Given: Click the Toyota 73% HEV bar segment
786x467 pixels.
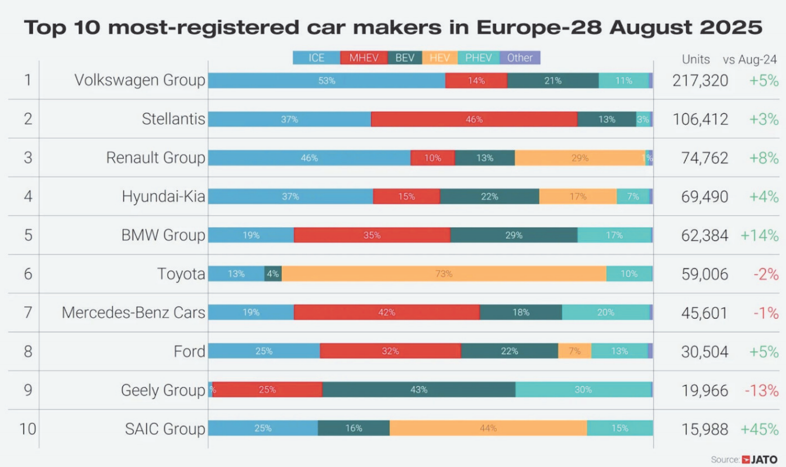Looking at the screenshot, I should pos(444,274).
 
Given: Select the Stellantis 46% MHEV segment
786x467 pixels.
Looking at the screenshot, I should pos(474,119).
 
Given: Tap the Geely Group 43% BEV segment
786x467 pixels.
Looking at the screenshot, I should pos(418,390).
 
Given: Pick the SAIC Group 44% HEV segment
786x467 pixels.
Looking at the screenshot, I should pos(488,428).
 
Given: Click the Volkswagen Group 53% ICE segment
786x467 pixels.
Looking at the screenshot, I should pos(327,81).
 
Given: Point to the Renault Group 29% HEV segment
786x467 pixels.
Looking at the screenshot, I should pos(580,158).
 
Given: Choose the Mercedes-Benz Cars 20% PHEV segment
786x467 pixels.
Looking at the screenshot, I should pos(605,313).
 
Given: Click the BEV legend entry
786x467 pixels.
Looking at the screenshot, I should pos(404,58).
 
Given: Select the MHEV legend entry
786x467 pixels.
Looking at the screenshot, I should pos(364,58).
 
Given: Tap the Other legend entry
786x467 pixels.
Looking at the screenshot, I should pos(520,58).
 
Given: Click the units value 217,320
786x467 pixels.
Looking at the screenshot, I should pos(700,81).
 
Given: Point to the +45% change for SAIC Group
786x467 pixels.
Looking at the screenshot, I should pos(759,428).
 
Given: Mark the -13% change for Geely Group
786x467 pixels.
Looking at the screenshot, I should pos(761,390).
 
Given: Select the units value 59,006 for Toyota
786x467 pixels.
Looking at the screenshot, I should pos(704,274).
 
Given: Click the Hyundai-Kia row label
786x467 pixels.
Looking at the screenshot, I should pos(163,197).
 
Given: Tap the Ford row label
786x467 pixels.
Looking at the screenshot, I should pos(189,351).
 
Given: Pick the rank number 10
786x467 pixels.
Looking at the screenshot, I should pos(27,428).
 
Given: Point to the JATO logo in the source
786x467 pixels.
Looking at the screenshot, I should pos(759,459).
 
